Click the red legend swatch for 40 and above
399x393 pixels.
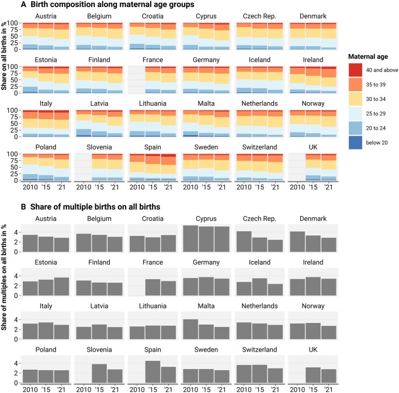coord(355,70)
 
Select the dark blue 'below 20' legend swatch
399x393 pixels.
coord(355,142)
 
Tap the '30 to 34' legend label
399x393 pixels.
coord(376,99)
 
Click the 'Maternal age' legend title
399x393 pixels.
coord(368,57)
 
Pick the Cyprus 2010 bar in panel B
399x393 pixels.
coord(190,239)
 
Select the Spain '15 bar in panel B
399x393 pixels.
coord(152,371)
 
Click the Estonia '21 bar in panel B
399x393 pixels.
coord(61,286)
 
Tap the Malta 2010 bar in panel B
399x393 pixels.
coord(190,329)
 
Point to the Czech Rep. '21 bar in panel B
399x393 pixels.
coord(275,246)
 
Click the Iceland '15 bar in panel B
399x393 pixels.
coord(259,287)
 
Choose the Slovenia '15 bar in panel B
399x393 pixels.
coord(99,373)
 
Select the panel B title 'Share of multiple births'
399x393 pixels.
coord(95,207)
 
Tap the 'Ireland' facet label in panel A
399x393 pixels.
coord(313,60)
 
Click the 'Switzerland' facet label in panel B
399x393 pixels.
coord(259,350)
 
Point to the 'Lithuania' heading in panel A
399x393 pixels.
coord(152,103)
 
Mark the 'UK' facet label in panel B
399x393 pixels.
coord(313,350)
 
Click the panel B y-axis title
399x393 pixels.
coord(4,277)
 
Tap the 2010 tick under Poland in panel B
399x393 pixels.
coord(30,389)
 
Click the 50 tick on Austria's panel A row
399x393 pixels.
coord(14,36)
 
